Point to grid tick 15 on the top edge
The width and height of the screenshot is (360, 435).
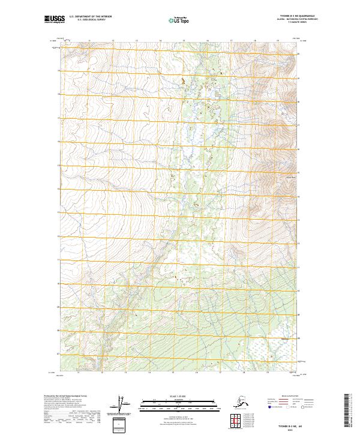pyautogui.click(x=184, y=41)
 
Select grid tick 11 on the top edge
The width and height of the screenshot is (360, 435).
pyautogui.click(x=89, y=41)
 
